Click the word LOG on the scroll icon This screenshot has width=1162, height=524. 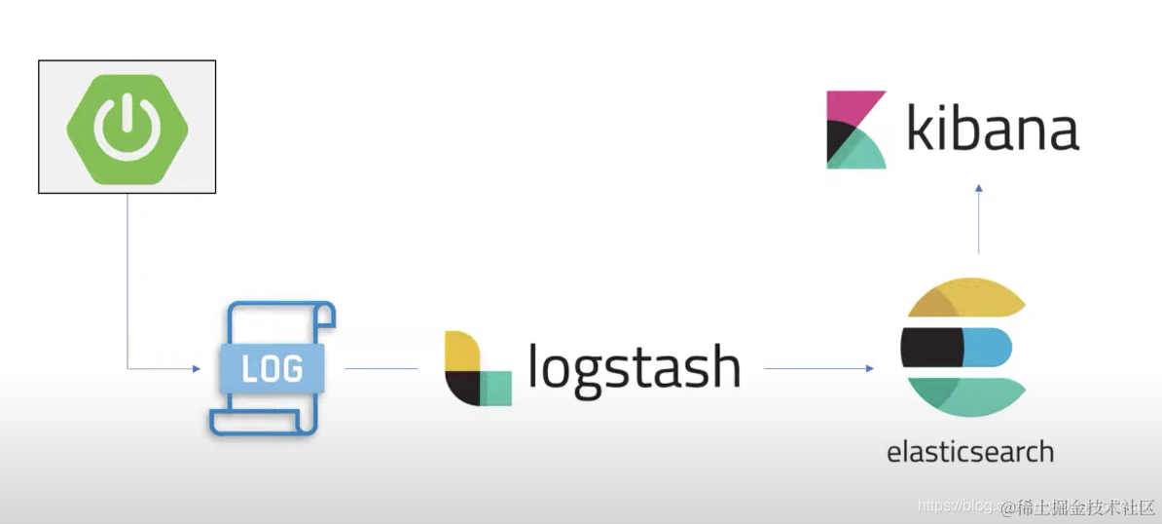(x=272, y=369)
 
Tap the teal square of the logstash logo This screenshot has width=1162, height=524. (x=497, y=388)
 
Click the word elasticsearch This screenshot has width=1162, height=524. (x=970, y=452)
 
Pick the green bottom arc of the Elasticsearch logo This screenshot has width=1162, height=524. (x=963, y=394)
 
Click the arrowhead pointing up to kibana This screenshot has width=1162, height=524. (x=979, y=189)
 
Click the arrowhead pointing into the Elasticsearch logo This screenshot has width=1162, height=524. (x=869, y=368)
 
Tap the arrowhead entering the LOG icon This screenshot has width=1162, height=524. (x=196, y=368)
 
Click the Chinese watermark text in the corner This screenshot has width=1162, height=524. (x=1080, y=506)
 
